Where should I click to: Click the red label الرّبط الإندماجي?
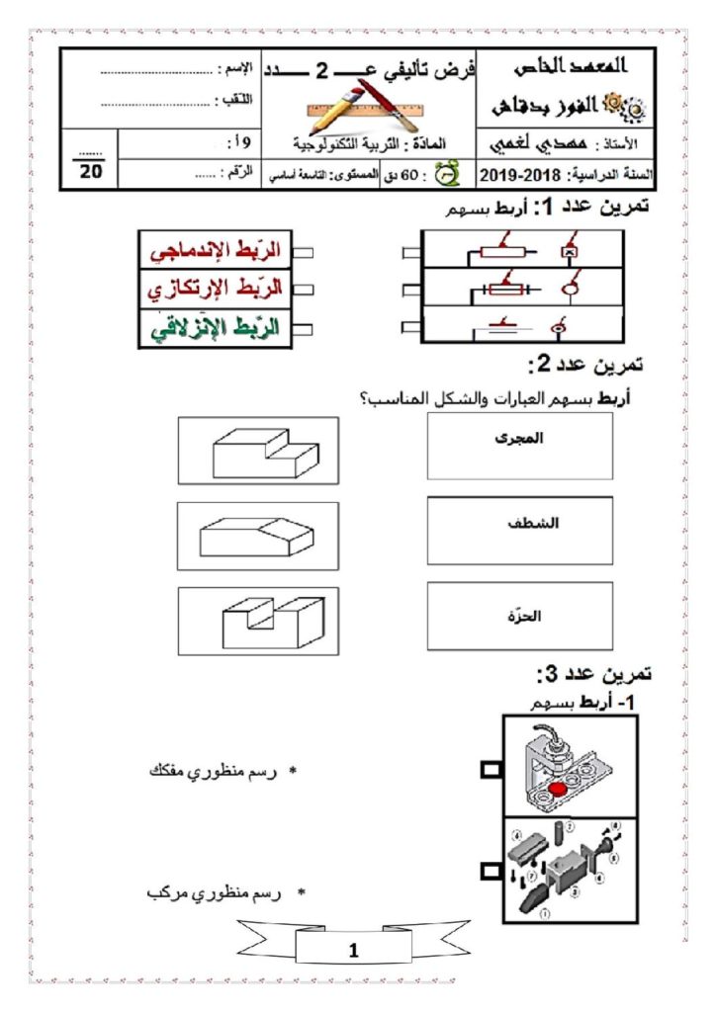coord(212,252)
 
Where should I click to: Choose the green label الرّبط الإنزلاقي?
coord(212,327)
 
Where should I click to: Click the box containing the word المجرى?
coord(519,445)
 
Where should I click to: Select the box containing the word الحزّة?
coord(519,616)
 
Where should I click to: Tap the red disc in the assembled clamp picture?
coord(560,789)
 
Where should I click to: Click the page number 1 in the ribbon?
coord(355,952)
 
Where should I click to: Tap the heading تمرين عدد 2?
coord(585,364)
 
